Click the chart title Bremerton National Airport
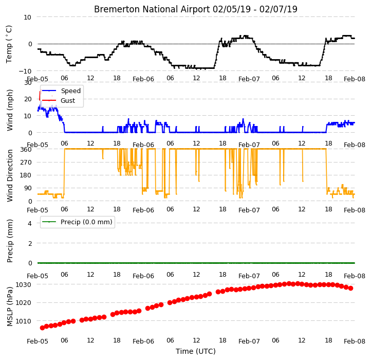point(152,9)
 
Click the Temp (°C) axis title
point(9,44)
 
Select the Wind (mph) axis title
point(9,110)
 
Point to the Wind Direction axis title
point(9,175)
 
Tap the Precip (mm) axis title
point(9,241)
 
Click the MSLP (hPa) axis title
point(9,307)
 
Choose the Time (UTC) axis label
point(196,351)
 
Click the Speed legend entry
point(71,91)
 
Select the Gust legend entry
point(68,100)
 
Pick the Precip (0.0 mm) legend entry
point(86,222)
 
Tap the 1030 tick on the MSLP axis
point(24,285)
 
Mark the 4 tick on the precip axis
point(30,223)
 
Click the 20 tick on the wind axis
point(28,99)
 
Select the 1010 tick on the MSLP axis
point(24,321)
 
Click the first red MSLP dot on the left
point(42,328)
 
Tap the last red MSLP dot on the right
point(350,288)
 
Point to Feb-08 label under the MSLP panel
point(355,341)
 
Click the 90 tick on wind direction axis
point(28,188)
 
